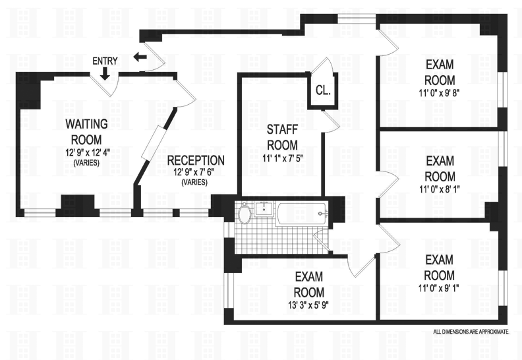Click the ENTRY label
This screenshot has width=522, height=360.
pyautogui.click(x=105, y=61)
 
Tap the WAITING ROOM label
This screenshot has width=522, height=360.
pyautogui.click(x=86, y=131)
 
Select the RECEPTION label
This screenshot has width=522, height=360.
pyautogui.click(x=195, y=160)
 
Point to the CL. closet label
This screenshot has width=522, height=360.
pyautogui.click(x=323, y=90)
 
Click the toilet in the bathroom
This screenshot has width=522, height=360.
pyautogui.click(x=245, y=214)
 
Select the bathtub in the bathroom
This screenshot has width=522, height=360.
pyautogui.click(x=301, y=213)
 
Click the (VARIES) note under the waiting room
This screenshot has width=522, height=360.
pyautogui.click(x=86, y=163)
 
